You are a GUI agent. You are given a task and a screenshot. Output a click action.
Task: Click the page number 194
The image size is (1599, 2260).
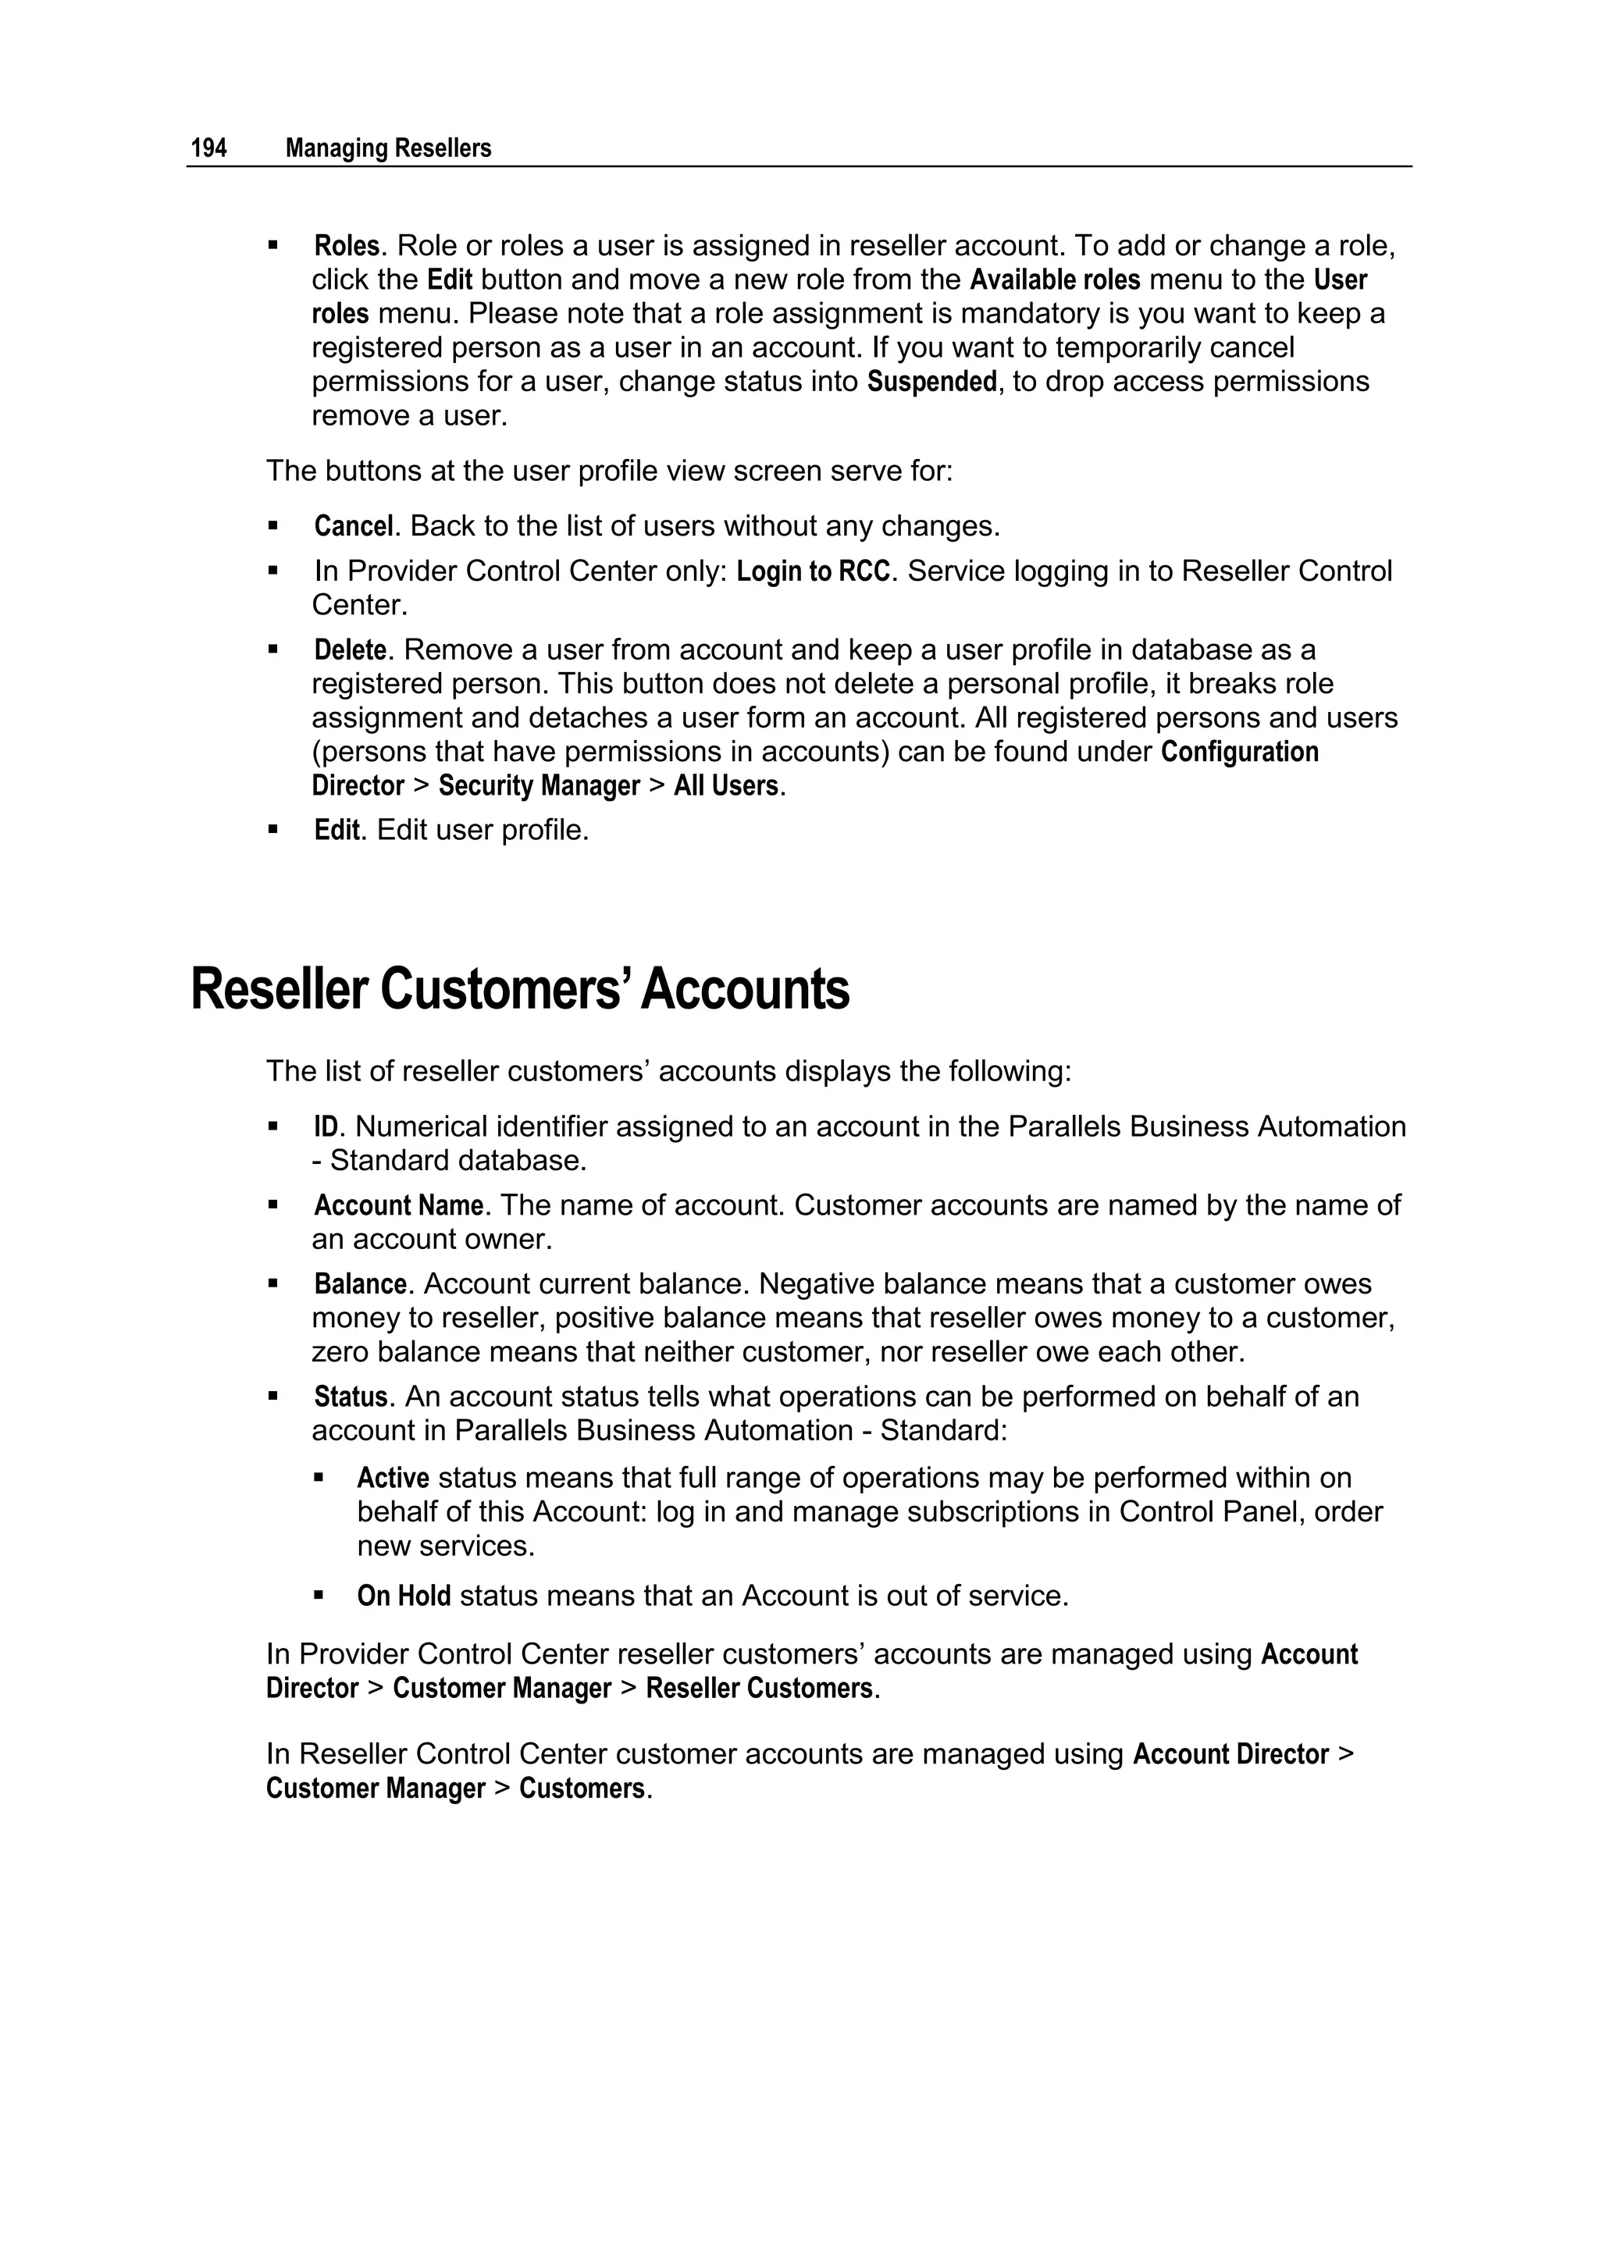pyautogui.click(x=208, y=148)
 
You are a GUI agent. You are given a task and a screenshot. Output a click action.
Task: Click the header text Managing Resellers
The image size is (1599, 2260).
pyautogui.click(x=388, y=148)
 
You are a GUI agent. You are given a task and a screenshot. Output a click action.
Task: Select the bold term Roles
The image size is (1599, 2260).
pyautogui.click(x=347, y=245)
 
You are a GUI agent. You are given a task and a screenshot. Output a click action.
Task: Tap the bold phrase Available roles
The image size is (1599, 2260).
pyautogui.click(x=1055, y=279)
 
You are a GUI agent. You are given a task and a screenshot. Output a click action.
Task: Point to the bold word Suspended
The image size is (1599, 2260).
pyautogui.click(x=931, y=382)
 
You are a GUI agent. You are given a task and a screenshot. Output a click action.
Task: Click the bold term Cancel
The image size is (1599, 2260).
pyautogui.click(x=354, y=527)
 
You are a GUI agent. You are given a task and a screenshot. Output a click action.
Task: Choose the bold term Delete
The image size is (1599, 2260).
pyautogui.click(x=350, y=650)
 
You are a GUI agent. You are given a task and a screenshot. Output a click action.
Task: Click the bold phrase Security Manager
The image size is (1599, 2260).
pyautogui.click(x=539, y=786)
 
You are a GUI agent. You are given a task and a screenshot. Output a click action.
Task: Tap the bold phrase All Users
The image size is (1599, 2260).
pyautogui.click(x=725, y=786)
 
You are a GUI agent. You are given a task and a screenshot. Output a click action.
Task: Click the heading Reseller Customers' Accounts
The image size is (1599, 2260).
pyautogui.click(x=519, y=989)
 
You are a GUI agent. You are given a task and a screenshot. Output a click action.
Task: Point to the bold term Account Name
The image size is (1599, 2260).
pyautogui.click(x=397, y=1206)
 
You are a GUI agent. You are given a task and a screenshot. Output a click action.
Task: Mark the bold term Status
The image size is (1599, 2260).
pyautogui.click(x=351, y=1397)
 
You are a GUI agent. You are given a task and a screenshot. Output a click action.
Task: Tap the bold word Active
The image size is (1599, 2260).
pyautogui.click(x=393, y=1479)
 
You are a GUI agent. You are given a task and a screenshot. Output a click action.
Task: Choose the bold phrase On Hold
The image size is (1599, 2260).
pyautogui.click(x=404, y=1596)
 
